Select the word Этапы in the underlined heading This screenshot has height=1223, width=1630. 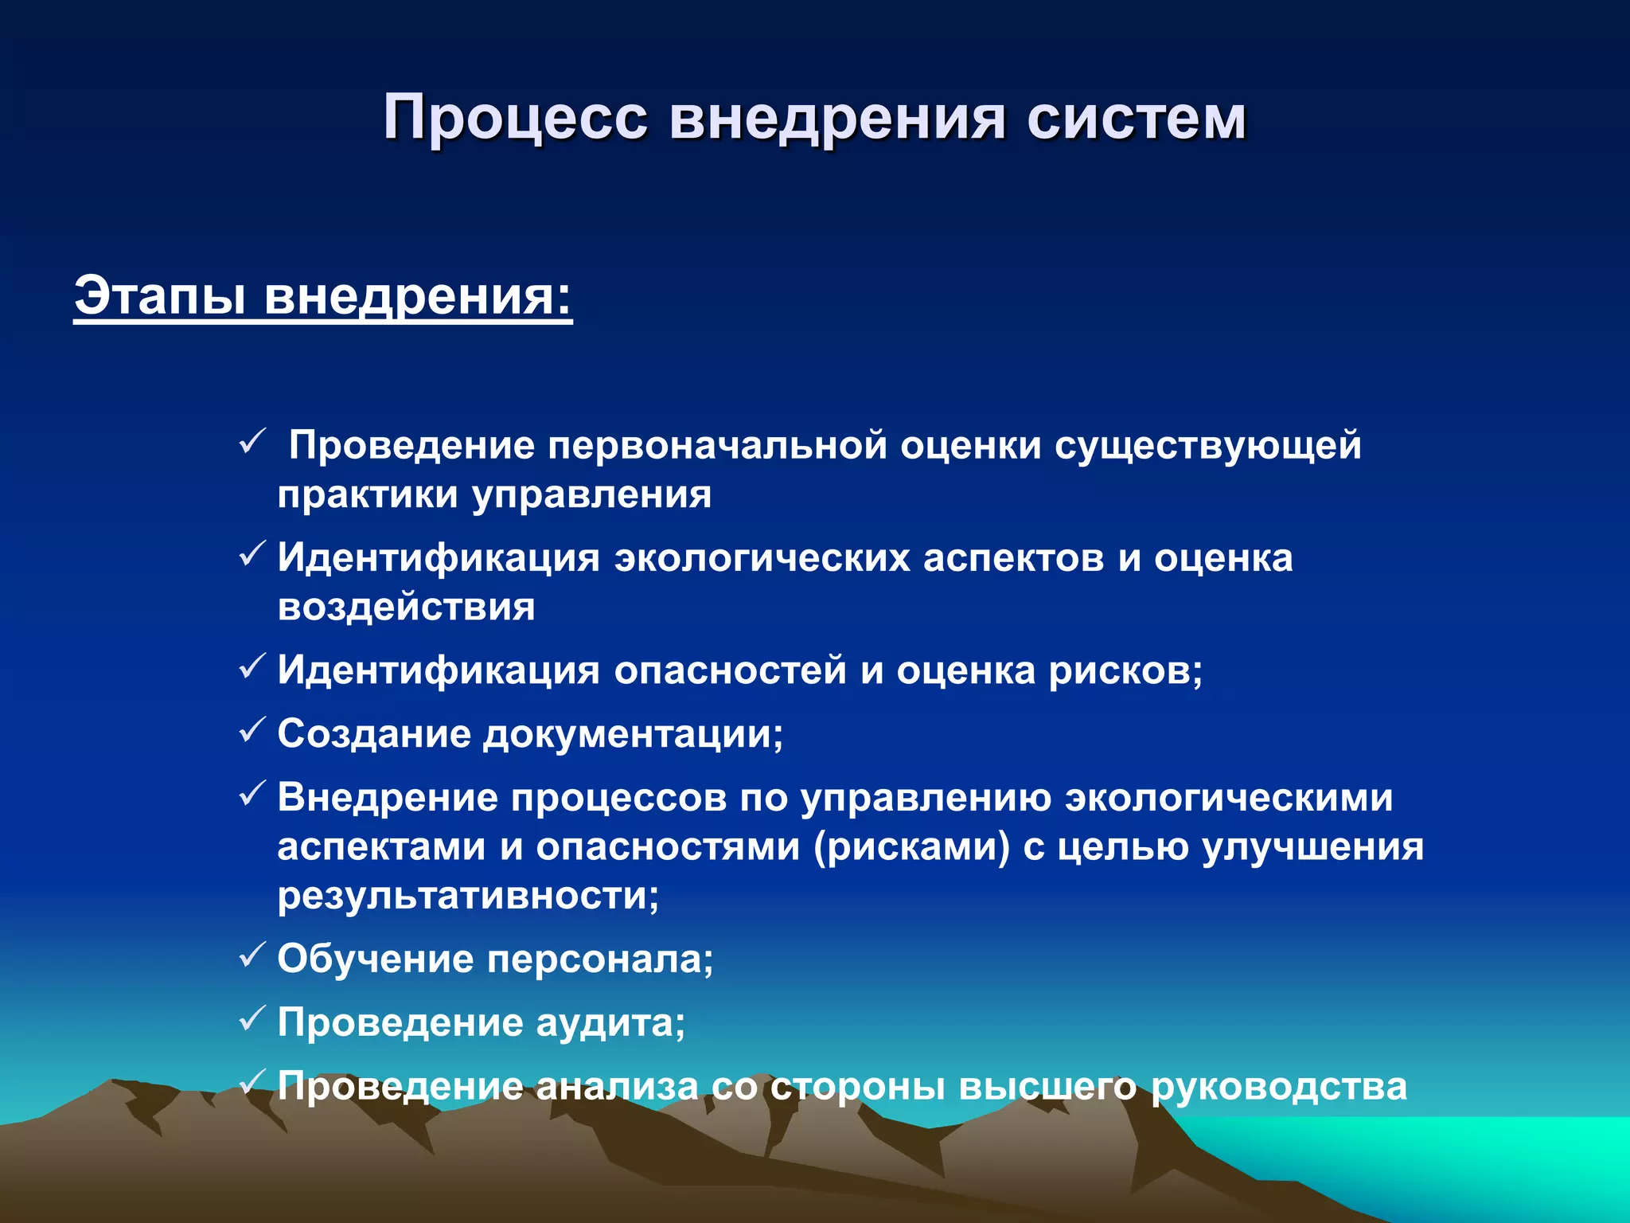point(159,296)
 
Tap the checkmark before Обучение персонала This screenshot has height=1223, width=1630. point(252,955)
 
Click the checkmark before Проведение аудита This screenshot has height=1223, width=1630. point(252,1018)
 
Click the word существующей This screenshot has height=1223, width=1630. point(1207,446)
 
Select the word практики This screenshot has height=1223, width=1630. point(368,496)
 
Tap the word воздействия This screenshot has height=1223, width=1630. point(406,608)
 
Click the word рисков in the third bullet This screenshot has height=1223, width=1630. point(1125,670)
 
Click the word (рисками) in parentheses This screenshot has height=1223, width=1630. point(912,847)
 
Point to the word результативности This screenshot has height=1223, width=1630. point(467,897)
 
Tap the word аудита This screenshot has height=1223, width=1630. point(610,1023)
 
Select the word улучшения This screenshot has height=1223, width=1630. point(1312,847)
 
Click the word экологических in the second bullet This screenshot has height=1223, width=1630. point(762,558)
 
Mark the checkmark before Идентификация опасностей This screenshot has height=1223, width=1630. point(252,666)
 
